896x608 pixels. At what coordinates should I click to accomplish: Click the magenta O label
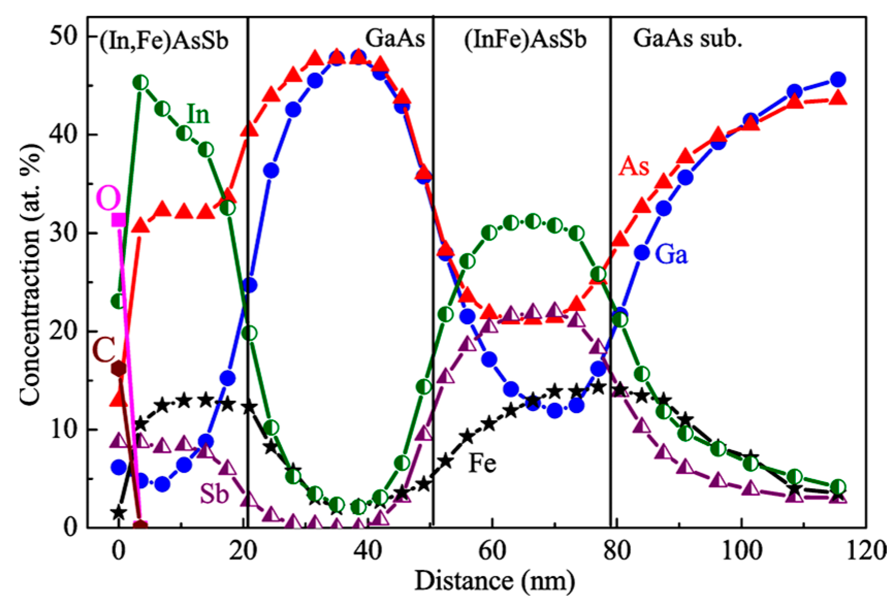click(x=108, y=199)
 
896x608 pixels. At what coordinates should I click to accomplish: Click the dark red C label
click(x=103, y=351)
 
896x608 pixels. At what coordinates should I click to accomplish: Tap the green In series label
click(x=198, y=114)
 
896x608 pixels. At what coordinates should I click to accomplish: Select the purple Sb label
click(x=214, y=494)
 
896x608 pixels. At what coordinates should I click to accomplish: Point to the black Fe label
click(x=482, y=463)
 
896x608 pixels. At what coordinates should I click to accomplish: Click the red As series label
click(x=633, y=166)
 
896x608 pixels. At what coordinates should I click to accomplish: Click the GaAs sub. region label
click(x=687, y=39)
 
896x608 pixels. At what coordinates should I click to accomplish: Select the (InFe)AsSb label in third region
click(x=525, y=40)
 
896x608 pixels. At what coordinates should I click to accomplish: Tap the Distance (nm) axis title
click(x=494, y=581)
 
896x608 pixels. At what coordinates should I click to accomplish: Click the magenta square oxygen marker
click(x=119, y=220)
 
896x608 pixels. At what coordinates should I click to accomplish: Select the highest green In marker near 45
click(x=140, y=83)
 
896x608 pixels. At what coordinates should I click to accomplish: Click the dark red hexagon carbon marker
click(x=119, y=369)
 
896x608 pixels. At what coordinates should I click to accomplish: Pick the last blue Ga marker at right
click(x=838, y=80)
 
